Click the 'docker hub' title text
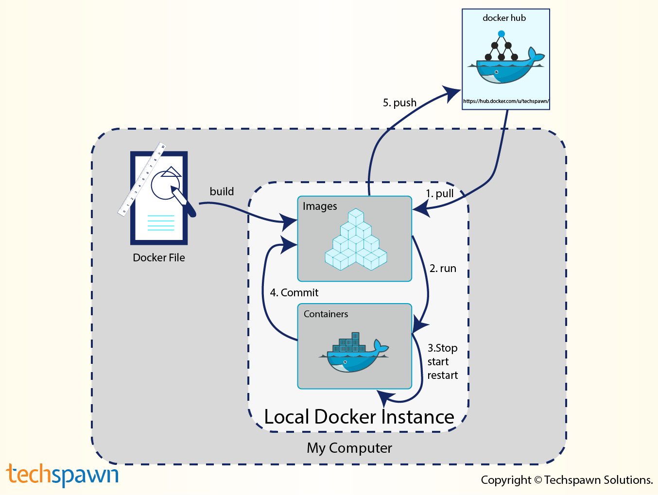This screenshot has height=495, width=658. tap(504, 18)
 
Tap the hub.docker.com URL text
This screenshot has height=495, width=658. tap(506, 101)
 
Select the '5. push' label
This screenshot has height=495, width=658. tap(399, 103)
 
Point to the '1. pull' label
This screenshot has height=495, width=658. tap(440, 193)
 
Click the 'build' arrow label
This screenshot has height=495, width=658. tap(222, 191)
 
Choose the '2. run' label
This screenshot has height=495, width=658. tap(443, 269)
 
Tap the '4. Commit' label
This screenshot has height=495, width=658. tap(294, 292)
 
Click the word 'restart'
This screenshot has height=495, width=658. tap(442, 375)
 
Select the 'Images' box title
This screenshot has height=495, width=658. tap(320, 206)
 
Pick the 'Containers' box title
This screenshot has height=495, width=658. tap(326, 314)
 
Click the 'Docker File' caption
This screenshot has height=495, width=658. tap(158, 257)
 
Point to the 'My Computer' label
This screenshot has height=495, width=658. tap(349, 448)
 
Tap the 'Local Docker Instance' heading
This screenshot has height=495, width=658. tap(359, 417)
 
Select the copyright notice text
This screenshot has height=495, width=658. tap(567, 480)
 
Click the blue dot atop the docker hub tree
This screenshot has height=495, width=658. tap(501, 34)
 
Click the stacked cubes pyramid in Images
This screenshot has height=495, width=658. tap(356, 239)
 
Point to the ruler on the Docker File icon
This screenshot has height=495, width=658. tap(141, 179)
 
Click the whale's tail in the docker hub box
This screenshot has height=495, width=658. tap(536, 54)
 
